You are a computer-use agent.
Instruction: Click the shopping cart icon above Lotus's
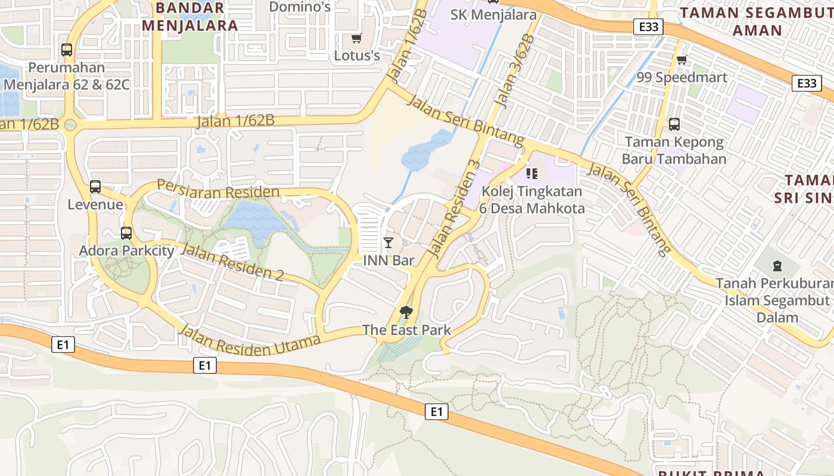[x=356, y=39]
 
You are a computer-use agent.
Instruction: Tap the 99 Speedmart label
[x=681, y=77]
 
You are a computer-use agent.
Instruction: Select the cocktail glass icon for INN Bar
[x=388, y=242]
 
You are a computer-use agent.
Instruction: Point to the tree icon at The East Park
[x=406, y=312]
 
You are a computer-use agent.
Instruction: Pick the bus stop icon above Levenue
[x=95, y=187]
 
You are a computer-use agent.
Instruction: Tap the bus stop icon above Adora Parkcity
[x=126, y=233]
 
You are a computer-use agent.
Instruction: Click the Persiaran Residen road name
[x=218, y=190]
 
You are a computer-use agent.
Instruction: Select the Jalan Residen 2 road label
[x=231, y=262]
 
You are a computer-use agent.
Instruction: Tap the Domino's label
[x=300, y=7]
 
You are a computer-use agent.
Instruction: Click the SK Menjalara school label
[x=493, y=15]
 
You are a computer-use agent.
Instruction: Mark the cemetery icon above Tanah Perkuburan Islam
[x=777, y=265]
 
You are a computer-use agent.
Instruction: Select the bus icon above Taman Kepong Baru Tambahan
[x=674, y=124]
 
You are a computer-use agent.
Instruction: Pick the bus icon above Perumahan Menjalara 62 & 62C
[x=67, y=51]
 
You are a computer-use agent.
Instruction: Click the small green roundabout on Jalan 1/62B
[x=70, y=125]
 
